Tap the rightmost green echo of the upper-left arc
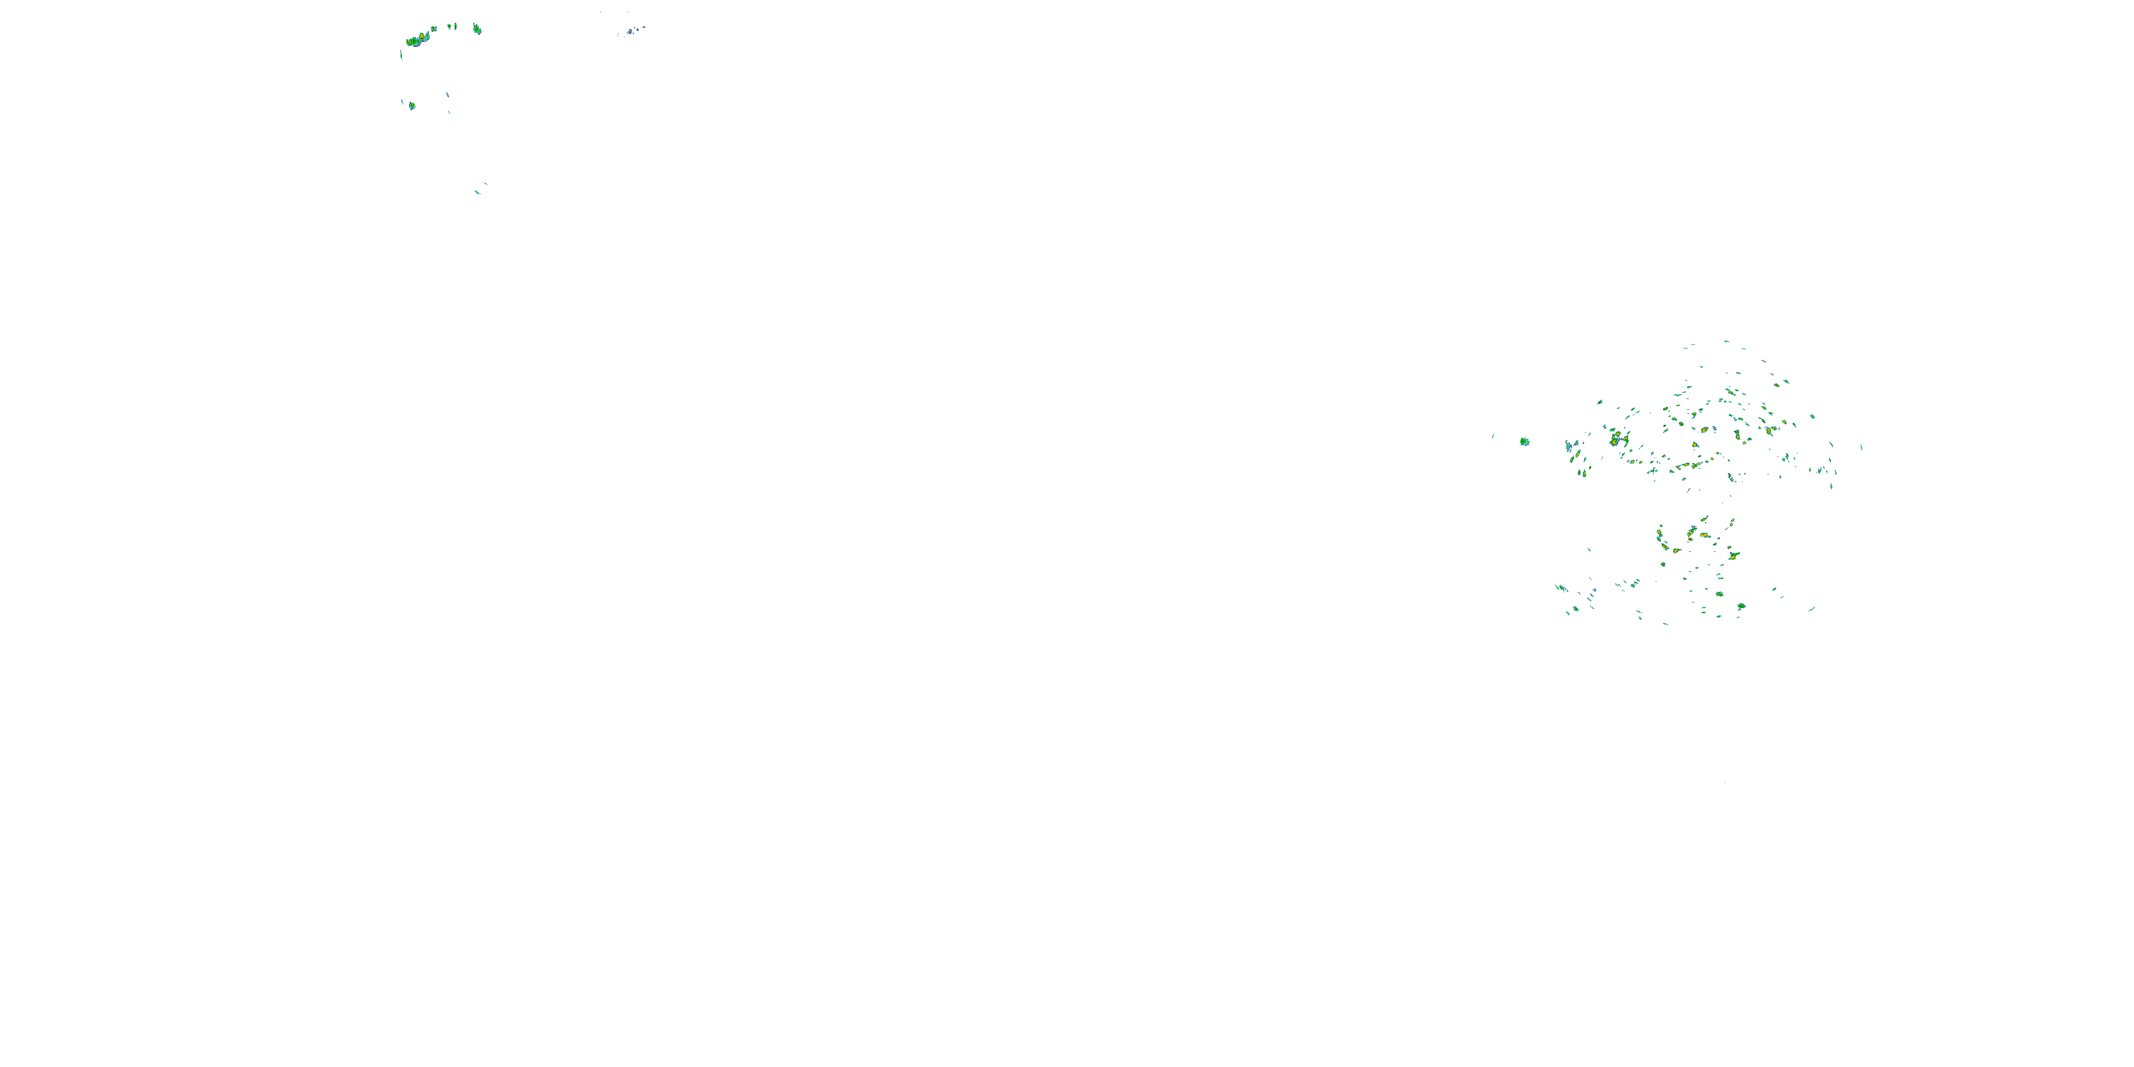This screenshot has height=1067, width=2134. tap(477, 30)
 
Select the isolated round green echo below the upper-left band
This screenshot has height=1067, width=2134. tap(412, 106)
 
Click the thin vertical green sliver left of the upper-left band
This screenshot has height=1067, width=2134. tap(401, 55)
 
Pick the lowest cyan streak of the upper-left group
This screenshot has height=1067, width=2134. tap(477, 192)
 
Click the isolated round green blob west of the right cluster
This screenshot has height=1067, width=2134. tap(1524, 442)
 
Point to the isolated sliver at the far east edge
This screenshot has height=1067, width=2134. tap(1862, 447)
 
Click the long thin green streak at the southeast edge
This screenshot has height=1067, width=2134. tap(1812, 609)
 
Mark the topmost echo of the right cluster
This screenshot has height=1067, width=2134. tap(1726, 341)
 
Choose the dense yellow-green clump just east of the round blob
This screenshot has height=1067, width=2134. tap(1615, 439)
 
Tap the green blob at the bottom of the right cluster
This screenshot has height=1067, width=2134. tap(1741, 607)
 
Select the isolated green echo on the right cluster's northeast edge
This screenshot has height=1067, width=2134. tap(1812, 416)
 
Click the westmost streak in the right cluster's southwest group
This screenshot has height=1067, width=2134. tap(1561, 588)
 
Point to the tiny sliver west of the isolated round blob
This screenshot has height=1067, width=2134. tap(1493, 435)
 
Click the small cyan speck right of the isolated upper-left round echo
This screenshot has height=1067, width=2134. tap(447, 95)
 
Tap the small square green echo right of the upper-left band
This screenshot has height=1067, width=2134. tap(433, 29)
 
